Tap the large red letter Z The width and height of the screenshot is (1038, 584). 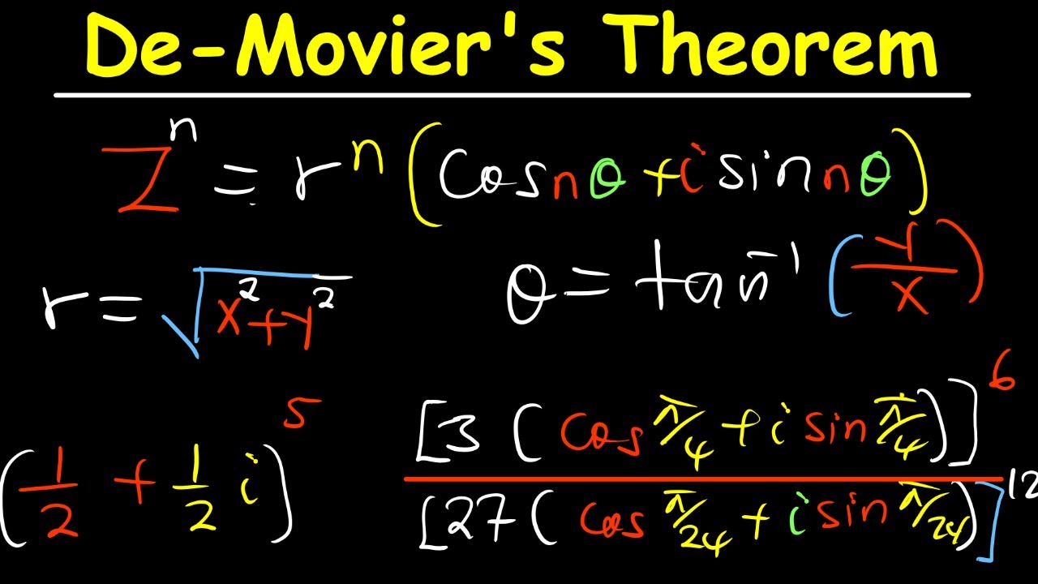point(151,179)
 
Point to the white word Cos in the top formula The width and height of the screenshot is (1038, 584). point(495,178)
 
